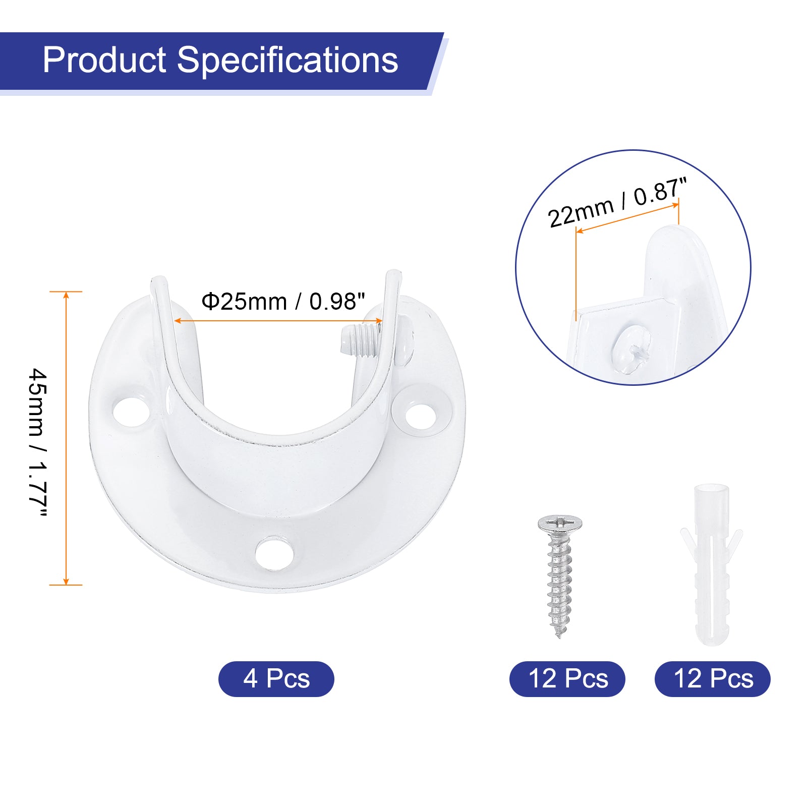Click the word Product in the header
click(x=104, y=60)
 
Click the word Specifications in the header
click(x=287, y=60)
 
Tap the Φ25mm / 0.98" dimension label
click(x=282, y=302)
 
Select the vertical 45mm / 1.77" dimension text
click(x=38, y=442)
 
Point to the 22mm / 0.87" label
click(x=617, y=203)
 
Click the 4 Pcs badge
click(x=276, y=679)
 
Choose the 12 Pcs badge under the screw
click(x=567, y=679)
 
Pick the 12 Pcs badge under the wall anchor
click(x=713, y=679)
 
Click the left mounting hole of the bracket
click(x=132, y=412)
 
